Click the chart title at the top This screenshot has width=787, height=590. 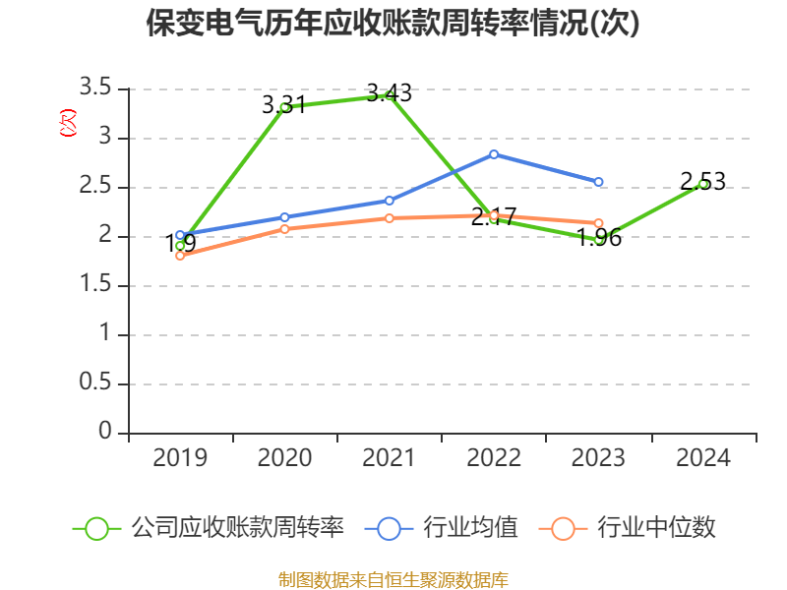[x=393, y=23]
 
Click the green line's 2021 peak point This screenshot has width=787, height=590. [x=391, y=94]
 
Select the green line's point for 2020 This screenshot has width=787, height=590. [x=284, y=107]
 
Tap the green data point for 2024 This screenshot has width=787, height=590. [x=702, y=184]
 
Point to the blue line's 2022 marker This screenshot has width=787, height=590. [x=494, y=154]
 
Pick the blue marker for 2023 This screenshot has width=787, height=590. [x=598, y=182]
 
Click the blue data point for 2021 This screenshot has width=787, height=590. [x=390, y=201]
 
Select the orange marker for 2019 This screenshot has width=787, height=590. [x=180, y=256]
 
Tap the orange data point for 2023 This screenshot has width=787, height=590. [x=598, y=223]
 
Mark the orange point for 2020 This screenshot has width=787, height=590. [x=284, y=229]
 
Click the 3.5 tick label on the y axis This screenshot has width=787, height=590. [x=97, y=88]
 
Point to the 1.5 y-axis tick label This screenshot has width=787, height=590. [x=97, y=285]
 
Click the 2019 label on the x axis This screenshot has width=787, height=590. [x=180, y=458]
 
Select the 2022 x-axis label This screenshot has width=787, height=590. [x=494, y=458]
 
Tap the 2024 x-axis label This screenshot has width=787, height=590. [x=702, y=458]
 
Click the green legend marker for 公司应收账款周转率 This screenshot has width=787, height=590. [x=96, y=528]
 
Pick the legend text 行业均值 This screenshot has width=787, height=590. [x=470, y=528]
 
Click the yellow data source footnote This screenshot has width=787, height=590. [x=393, y=579]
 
